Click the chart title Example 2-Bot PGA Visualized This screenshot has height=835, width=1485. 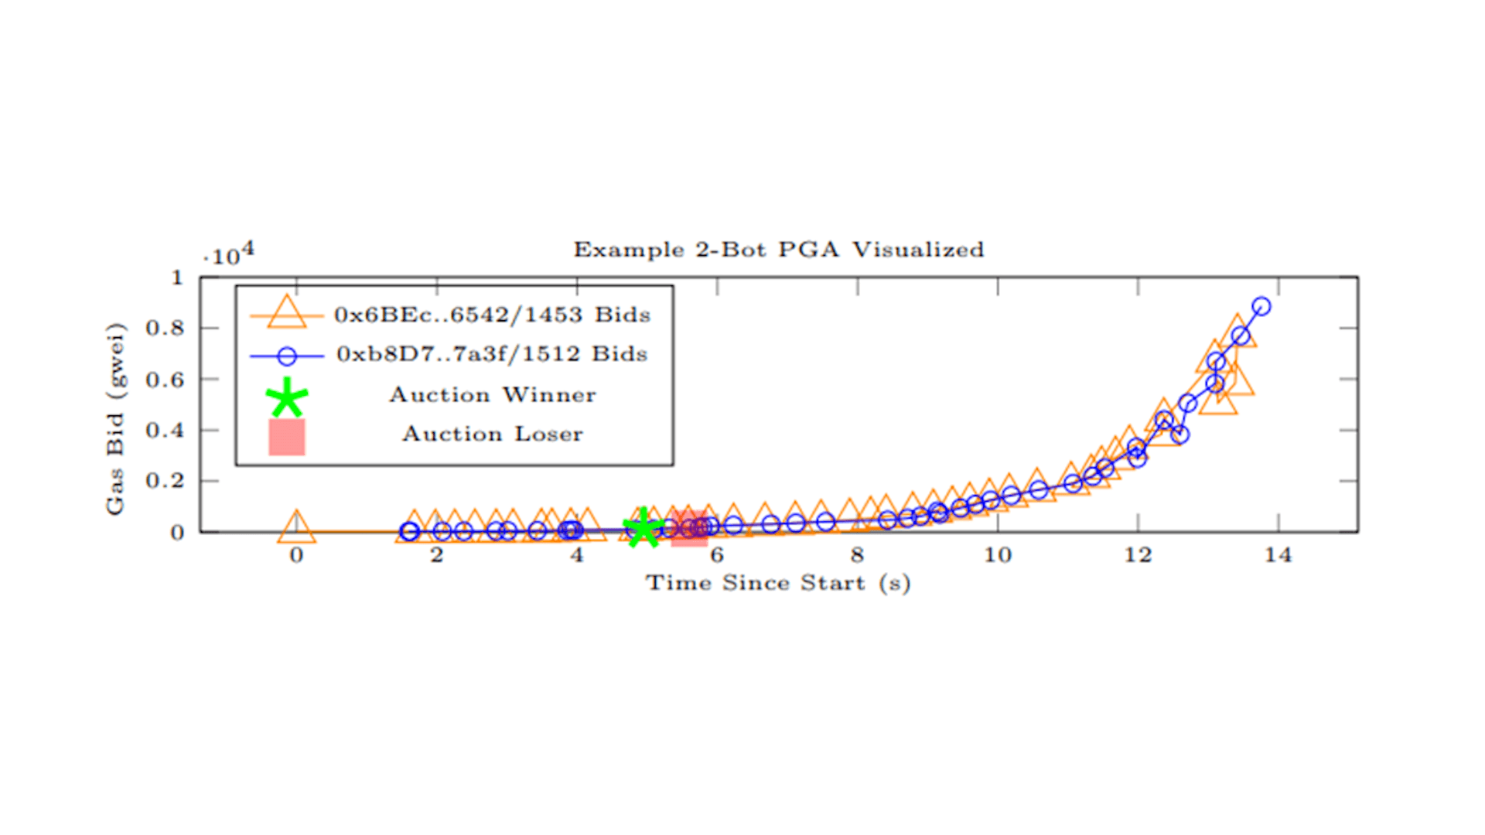[x=778, y=250]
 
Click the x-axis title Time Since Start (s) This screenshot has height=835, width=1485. [x=778, y=583]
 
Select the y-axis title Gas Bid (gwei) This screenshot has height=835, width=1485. [x=114, y=418]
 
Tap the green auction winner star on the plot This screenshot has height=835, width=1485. [x=643, y=530]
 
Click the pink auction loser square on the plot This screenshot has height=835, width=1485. [x=689, y=528]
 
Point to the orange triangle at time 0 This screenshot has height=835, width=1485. [x=296, y=528]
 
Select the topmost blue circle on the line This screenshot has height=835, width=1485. [x=1261, y=307]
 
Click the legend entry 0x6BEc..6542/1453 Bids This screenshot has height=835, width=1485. [x=492, y=315]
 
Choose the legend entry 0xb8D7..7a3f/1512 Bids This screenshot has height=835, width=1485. [x=492, y=354]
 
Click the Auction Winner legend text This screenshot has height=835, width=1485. [x=493, y=395]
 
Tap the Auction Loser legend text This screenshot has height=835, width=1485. [x=492, y=434]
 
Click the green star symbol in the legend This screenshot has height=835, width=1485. [x=287, y=397]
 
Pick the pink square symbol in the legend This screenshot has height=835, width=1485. [x=287, y=437]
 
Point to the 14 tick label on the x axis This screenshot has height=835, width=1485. [x=1278, y=555]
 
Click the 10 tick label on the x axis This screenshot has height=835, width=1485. [x=997, y=555]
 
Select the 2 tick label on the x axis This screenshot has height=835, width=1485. [x=437, y=555]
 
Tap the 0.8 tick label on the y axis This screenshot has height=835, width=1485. [x=165, y=328]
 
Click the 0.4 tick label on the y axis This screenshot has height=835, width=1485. [x=165, y=430]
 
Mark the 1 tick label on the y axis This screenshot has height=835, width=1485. [x=177, y=278]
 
